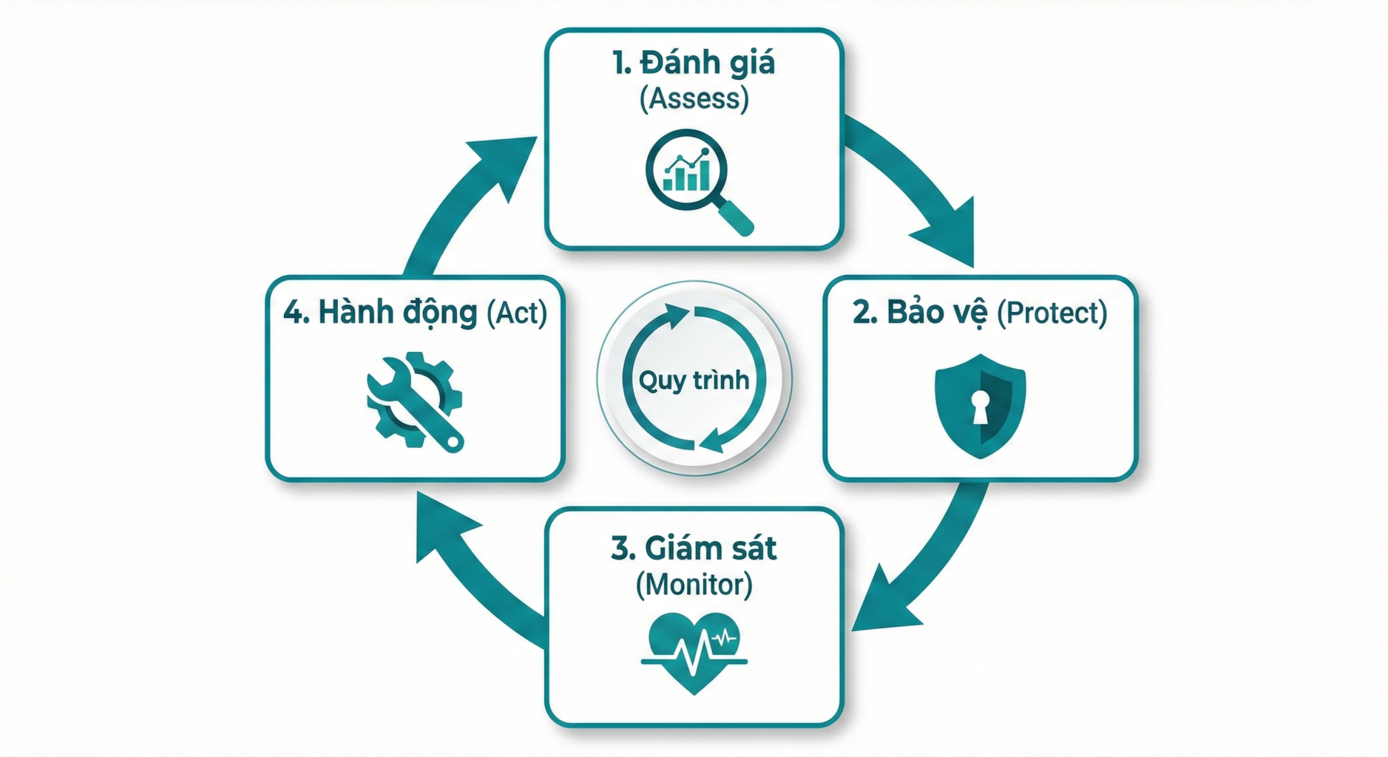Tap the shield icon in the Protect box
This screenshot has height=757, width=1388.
[980, 406]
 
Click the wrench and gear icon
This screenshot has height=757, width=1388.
[414, 401]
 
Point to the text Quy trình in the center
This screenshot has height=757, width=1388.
[694, 381]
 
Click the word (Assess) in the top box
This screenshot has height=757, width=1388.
[694, 98]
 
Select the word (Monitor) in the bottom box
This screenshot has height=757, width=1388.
[694, 585]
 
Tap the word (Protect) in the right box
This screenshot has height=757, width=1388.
[1052, 313]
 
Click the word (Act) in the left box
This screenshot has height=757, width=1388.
[517, 313]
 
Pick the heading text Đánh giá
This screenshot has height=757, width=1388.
[707, 63]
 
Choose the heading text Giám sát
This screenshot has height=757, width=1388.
[710, 549]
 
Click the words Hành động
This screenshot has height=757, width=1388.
[398, 313]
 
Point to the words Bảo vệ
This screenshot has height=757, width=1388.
[937, 313]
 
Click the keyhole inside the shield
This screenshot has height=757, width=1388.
[981, 407]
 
